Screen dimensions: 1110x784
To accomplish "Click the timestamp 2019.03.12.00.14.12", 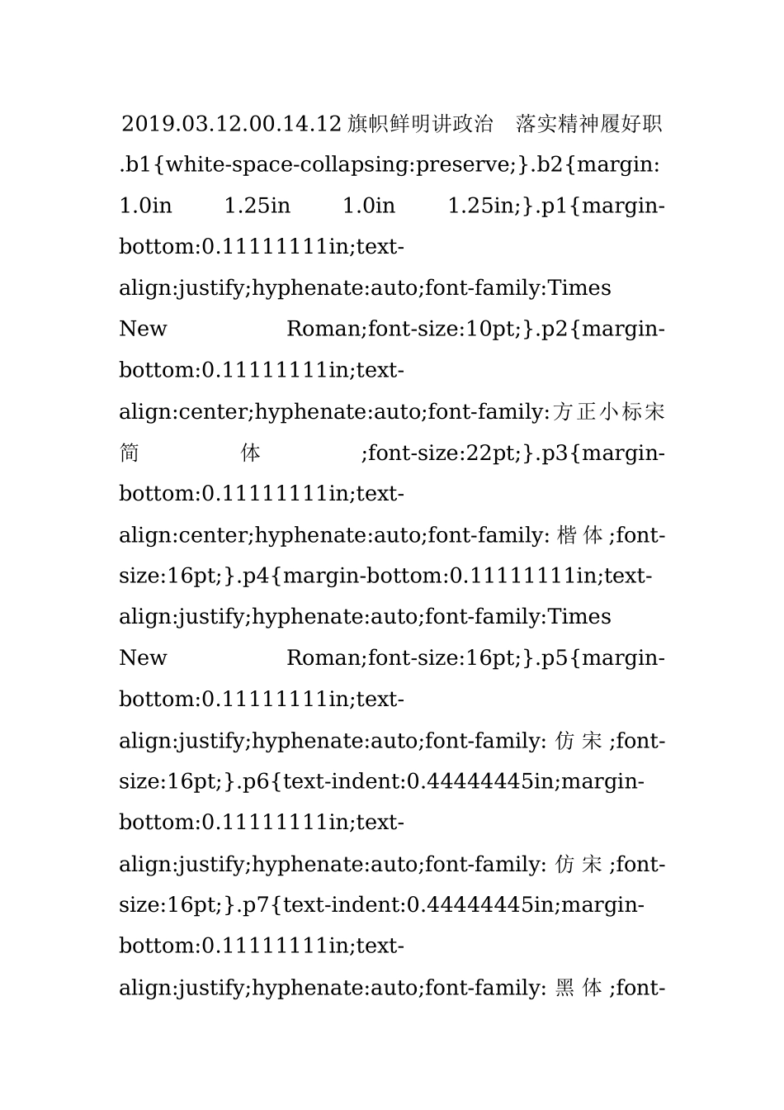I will (231, 124).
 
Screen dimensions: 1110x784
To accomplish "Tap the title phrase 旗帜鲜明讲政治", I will (420, 124).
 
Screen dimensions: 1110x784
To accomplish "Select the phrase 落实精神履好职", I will (589, 124).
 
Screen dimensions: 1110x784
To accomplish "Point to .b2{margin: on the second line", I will (596, 164).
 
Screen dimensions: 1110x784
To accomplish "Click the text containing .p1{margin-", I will (602, 205).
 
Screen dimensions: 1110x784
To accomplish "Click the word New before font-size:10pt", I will (143, 329).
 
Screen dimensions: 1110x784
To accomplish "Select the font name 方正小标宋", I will (609, 411).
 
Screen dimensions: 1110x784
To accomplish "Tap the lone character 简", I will (130, 453).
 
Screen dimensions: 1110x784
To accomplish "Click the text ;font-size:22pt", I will (442, 453).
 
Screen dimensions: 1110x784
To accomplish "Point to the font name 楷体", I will (579, 535).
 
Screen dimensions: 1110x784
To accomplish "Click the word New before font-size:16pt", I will (143, 658).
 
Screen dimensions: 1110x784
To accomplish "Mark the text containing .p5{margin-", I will (602, 658).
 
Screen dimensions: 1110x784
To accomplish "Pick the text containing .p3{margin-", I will (602, 453).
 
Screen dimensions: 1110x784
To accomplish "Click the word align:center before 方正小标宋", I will (185, 411).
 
